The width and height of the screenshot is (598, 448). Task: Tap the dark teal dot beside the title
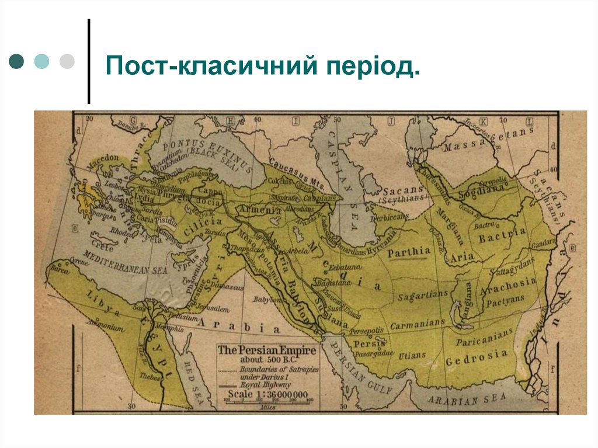coord(17,61)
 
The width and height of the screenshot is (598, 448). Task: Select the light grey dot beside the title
coord(67,61)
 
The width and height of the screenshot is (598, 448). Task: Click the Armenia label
coord(255,210)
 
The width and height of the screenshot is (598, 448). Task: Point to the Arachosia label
coord(507,283)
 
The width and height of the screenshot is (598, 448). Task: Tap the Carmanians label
coord(418,324)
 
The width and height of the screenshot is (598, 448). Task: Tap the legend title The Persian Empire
coord(267,350)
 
